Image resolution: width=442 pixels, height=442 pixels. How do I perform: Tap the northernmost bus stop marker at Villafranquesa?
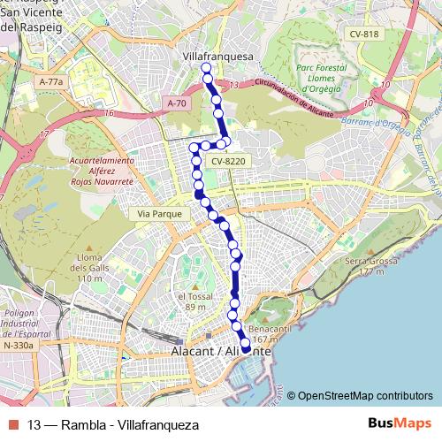point(206,68)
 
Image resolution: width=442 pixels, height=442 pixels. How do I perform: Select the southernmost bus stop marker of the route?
point(246,350)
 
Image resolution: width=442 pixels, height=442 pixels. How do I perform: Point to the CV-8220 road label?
point(228,162)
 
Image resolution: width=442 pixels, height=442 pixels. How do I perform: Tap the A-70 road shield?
point(179,103)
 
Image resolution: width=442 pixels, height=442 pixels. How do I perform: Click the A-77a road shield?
point(52,81)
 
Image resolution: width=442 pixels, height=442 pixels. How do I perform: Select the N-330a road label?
point(18,346)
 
